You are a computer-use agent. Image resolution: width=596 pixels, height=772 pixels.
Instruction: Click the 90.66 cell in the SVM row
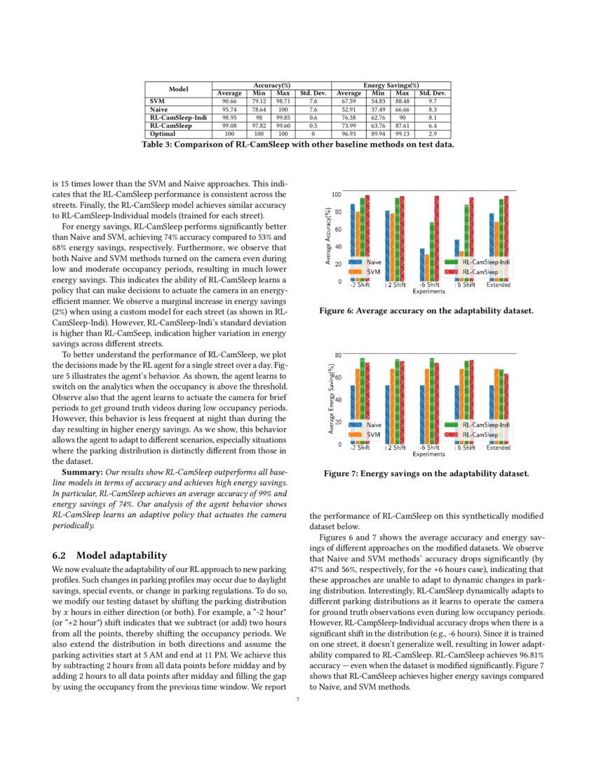229,102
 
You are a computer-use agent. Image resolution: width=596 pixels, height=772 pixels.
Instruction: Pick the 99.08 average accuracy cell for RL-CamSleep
229,126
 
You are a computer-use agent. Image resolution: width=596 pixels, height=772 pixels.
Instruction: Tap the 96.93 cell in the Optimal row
348,133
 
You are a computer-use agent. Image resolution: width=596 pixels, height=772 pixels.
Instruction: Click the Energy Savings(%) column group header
391,85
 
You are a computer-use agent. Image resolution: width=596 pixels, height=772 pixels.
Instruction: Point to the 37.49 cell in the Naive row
378,109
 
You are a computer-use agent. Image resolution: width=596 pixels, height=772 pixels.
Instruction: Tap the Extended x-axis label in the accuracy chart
499,285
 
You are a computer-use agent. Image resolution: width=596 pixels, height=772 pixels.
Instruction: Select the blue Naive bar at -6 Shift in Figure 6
422,265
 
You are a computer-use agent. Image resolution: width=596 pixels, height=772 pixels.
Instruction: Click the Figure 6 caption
426,310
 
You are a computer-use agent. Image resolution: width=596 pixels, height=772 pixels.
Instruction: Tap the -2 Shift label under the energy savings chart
360,447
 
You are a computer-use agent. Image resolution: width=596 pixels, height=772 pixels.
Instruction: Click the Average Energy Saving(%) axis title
328,400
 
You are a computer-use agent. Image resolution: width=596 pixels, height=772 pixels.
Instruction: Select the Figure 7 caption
426,474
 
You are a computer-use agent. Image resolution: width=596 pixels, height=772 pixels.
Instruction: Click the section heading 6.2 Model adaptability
110,555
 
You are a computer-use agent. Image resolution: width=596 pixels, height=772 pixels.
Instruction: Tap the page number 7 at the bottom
298,698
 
